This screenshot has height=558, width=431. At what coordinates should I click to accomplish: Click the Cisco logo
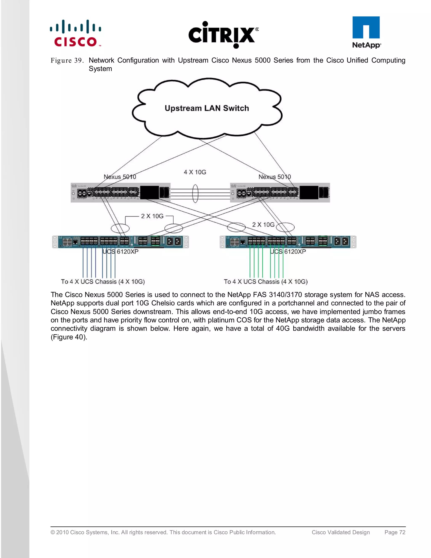[x=76, y=33]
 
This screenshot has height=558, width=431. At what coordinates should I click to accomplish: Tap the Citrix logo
[x=223, y=35]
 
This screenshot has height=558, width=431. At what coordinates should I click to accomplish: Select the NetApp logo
[x=366, y=32]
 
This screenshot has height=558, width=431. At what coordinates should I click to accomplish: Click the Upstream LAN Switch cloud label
[x=207, y=108]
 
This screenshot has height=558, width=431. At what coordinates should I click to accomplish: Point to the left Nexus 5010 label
[x=120, y=177]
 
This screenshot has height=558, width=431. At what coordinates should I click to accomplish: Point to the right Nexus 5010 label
[x=274, y=177]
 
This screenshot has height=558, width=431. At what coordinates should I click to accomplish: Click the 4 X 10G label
[x=195, y=172]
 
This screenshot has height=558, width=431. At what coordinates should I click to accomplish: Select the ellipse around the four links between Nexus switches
[x=195, y=194]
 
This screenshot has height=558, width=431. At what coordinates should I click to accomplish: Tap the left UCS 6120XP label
[x=120, y=252]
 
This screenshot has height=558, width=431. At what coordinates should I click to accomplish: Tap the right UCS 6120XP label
[x=288, y=252]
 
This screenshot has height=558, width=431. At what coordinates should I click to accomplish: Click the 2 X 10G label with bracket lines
[x=152, y=216]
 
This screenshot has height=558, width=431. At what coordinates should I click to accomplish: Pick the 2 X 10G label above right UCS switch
[x=263, y=225]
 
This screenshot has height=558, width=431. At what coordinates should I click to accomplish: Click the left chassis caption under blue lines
[x=103, y=282]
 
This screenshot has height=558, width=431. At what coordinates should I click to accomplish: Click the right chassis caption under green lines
[x=266, y=282]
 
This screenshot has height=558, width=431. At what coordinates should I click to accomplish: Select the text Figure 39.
[x=67, y=61]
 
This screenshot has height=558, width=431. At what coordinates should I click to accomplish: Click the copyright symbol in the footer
[x=53, y=533]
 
